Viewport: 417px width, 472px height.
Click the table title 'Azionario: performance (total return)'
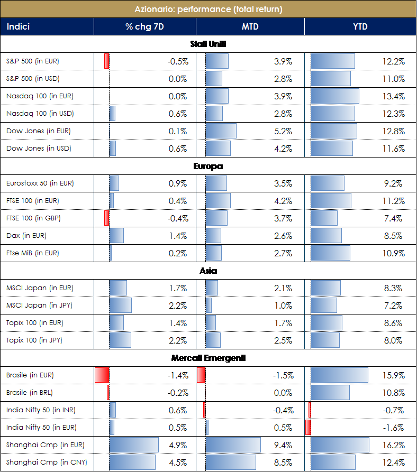click(x=208, y=9)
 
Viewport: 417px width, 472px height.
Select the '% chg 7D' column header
click(x=144, y=26)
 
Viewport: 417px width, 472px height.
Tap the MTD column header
click(x=250, y=26)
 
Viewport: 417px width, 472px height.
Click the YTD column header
click(x=360, y=26)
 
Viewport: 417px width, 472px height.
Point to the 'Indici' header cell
click(x=19, y=26)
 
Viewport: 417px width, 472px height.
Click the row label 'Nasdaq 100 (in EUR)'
click(x=40, y=96)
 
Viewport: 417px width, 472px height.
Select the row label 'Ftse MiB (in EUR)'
click(x=33, y=253)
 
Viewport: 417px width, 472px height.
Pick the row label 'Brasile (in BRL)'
click(x=30, y=393)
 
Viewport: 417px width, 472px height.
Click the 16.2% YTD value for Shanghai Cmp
click(x=393, y=445)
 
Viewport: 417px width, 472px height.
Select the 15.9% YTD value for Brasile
click(x=393, y=375)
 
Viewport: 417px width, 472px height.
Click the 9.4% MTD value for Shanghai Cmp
click(x=283, y=445)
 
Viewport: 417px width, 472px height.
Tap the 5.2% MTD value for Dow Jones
click(x=283, y=131)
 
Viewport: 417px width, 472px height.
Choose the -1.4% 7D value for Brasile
click(x=177, y=375)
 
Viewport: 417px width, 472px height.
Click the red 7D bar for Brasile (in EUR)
click(x=102, y=375)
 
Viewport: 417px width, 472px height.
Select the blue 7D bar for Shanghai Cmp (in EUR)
click(x=134, y=445)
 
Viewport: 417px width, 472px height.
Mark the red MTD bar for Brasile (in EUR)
click(x=201, y=375)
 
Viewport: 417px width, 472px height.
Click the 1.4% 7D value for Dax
click(x=178, y=236)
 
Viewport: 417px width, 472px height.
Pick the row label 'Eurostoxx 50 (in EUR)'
click(x=40, y=183)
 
